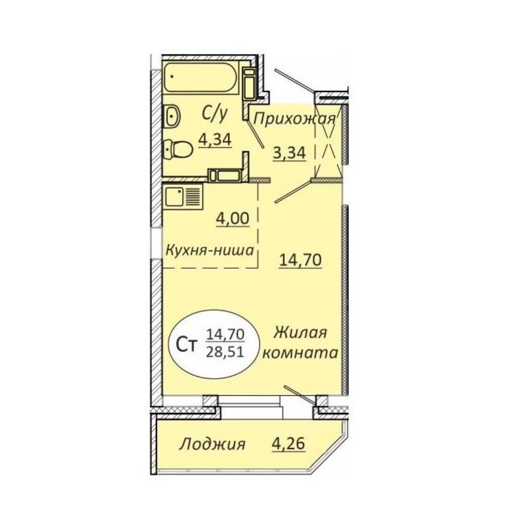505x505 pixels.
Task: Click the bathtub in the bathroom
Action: [201, 78]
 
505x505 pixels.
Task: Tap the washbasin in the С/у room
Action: [173, 117]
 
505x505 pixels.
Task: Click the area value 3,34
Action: [289, 153]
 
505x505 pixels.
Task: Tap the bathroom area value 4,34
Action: [215, 140]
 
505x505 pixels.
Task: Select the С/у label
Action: [215, 114]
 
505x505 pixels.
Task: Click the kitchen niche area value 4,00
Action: [232, 219]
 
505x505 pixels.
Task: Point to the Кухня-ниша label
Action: [210, 250]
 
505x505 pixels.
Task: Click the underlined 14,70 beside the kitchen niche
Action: [300, 260]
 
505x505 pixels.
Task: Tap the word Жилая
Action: [300, 333]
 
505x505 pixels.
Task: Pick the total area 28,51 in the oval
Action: [225, 352]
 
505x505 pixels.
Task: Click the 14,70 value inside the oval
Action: [225, 335]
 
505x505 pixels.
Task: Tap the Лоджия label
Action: [213, 445]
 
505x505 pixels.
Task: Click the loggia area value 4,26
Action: [288, 444]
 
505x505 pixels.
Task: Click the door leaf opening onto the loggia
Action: [299, 394]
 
